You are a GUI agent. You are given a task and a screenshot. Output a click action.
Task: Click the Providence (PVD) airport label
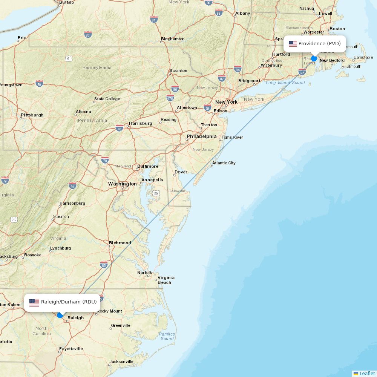(319, 44)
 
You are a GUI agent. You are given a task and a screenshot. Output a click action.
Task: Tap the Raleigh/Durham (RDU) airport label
(69, 302)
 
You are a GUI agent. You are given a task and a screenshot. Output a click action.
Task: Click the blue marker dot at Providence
(314, 58)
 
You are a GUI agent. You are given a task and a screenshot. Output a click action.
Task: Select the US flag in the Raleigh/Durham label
(34, 302)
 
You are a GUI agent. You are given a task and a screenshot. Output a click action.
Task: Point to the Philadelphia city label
(202, 136)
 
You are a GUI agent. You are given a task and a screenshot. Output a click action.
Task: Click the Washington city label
(123, 184)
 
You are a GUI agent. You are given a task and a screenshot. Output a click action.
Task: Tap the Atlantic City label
(224, 163)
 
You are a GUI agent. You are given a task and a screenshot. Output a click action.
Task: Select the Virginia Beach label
(166, 280)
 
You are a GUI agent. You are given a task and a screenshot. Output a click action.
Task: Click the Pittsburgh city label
(32, 115)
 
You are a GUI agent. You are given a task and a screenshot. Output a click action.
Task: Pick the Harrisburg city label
(140, 123)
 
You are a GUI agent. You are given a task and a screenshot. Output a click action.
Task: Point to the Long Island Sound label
(285, 83)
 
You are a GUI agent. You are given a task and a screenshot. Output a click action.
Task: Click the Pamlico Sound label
(167, 336)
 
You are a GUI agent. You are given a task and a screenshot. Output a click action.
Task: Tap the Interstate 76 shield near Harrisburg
(119, 128)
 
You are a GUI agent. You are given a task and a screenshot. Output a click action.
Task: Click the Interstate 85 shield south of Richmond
(104, 265)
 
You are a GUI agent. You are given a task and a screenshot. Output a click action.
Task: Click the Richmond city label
(120, 243)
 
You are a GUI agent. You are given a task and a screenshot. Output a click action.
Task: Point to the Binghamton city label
(173, 39)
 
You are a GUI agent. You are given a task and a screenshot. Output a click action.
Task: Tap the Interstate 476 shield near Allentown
(170, 98)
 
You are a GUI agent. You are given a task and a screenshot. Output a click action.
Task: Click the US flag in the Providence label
(293, 44)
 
